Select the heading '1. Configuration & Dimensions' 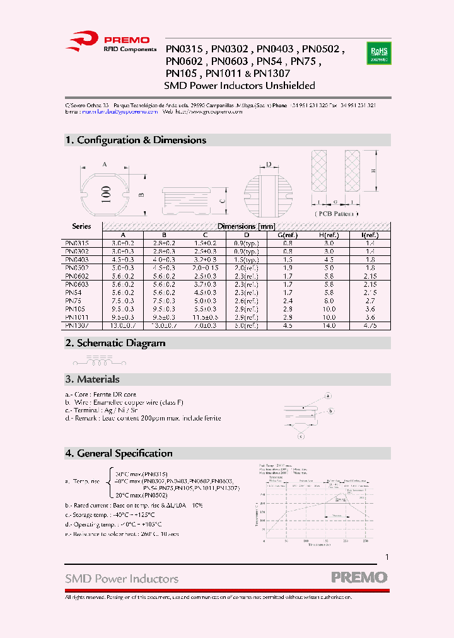point(136,140)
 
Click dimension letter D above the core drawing point(268,165)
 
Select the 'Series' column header point(81,226)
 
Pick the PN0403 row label point(77,259)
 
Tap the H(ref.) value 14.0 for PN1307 point(329,325)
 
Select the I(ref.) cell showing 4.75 point(370,325)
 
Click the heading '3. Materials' point(92,379)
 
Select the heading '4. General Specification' point(119,453)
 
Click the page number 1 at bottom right point(387,557)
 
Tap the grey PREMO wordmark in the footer point(359,577)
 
